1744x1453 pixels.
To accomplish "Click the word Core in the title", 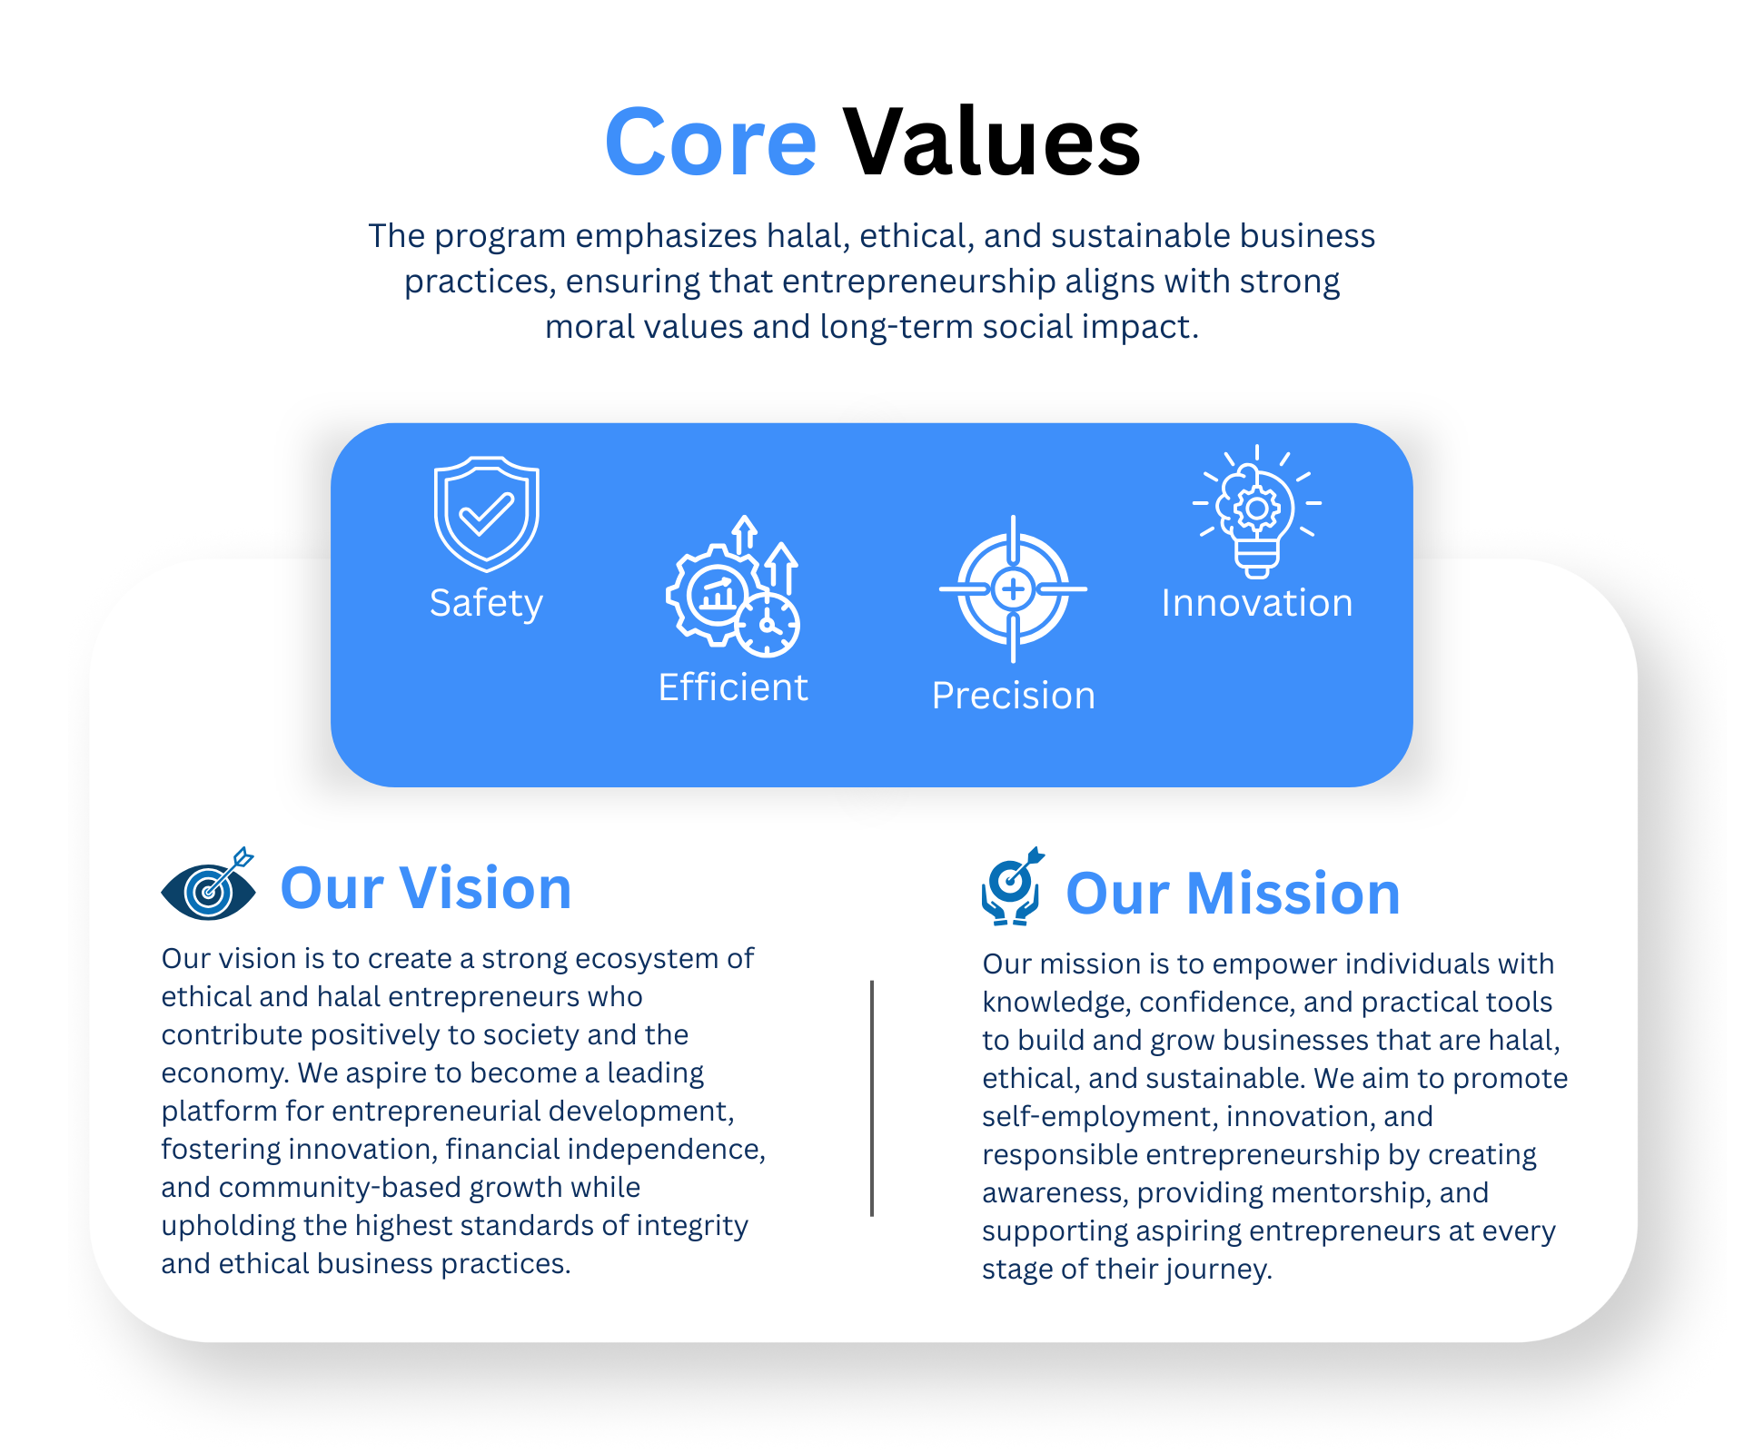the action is pos(710,142).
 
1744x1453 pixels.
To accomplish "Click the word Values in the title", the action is pos(991,142).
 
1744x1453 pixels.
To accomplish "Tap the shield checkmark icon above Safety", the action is pos(487,514).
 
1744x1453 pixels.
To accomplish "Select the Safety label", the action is pos(486,604).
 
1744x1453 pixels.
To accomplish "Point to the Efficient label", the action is pos(733,687).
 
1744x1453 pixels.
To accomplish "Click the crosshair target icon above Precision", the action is pos(1013,589).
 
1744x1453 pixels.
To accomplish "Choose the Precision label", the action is pos(1014,696).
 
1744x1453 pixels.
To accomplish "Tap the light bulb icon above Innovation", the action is pos(1257,511).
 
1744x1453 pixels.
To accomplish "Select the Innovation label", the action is pos(1257,603).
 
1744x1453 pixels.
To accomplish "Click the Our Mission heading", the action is pos(1233,893).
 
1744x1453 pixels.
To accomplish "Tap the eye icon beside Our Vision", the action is pos(209,885).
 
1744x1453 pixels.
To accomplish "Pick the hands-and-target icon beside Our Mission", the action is pos(1012,886).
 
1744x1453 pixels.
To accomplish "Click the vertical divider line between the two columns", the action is pos(872,1098).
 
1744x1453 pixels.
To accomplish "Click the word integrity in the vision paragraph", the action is pos(692,1226).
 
